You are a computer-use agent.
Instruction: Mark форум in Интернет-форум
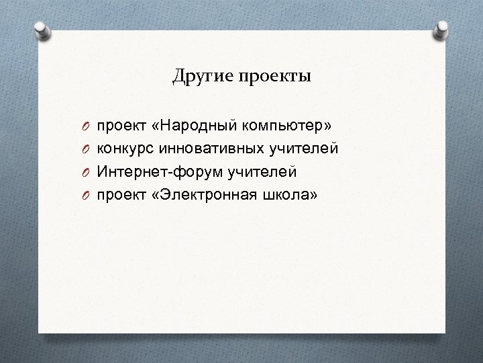click(x=195, y=171)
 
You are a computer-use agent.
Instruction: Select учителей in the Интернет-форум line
click(x=262, y=171)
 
